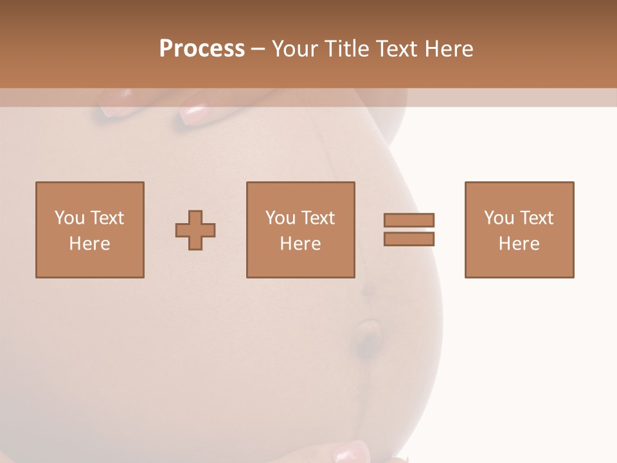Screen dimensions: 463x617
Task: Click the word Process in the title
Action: tap(202, 49)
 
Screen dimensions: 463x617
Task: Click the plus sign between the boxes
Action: tap(195, 230)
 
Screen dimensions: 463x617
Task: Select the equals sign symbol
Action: tap(409, 230)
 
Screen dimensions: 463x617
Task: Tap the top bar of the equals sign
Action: tap(409, 220)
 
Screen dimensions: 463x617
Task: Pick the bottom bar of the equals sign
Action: tap(409, 239)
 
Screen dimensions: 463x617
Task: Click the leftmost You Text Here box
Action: tap(89, 230)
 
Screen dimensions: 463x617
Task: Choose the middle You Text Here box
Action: tap(300, 230)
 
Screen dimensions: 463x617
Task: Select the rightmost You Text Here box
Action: tap(519, 230)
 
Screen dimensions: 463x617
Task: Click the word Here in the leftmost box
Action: tap(89, 244)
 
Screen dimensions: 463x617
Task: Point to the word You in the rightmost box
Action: tap(499, 218)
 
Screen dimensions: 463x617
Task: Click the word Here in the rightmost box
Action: tap(519, 244)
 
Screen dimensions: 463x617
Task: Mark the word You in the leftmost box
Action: tap(69, 218)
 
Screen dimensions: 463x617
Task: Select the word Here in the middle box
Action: tap(300, 244)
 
